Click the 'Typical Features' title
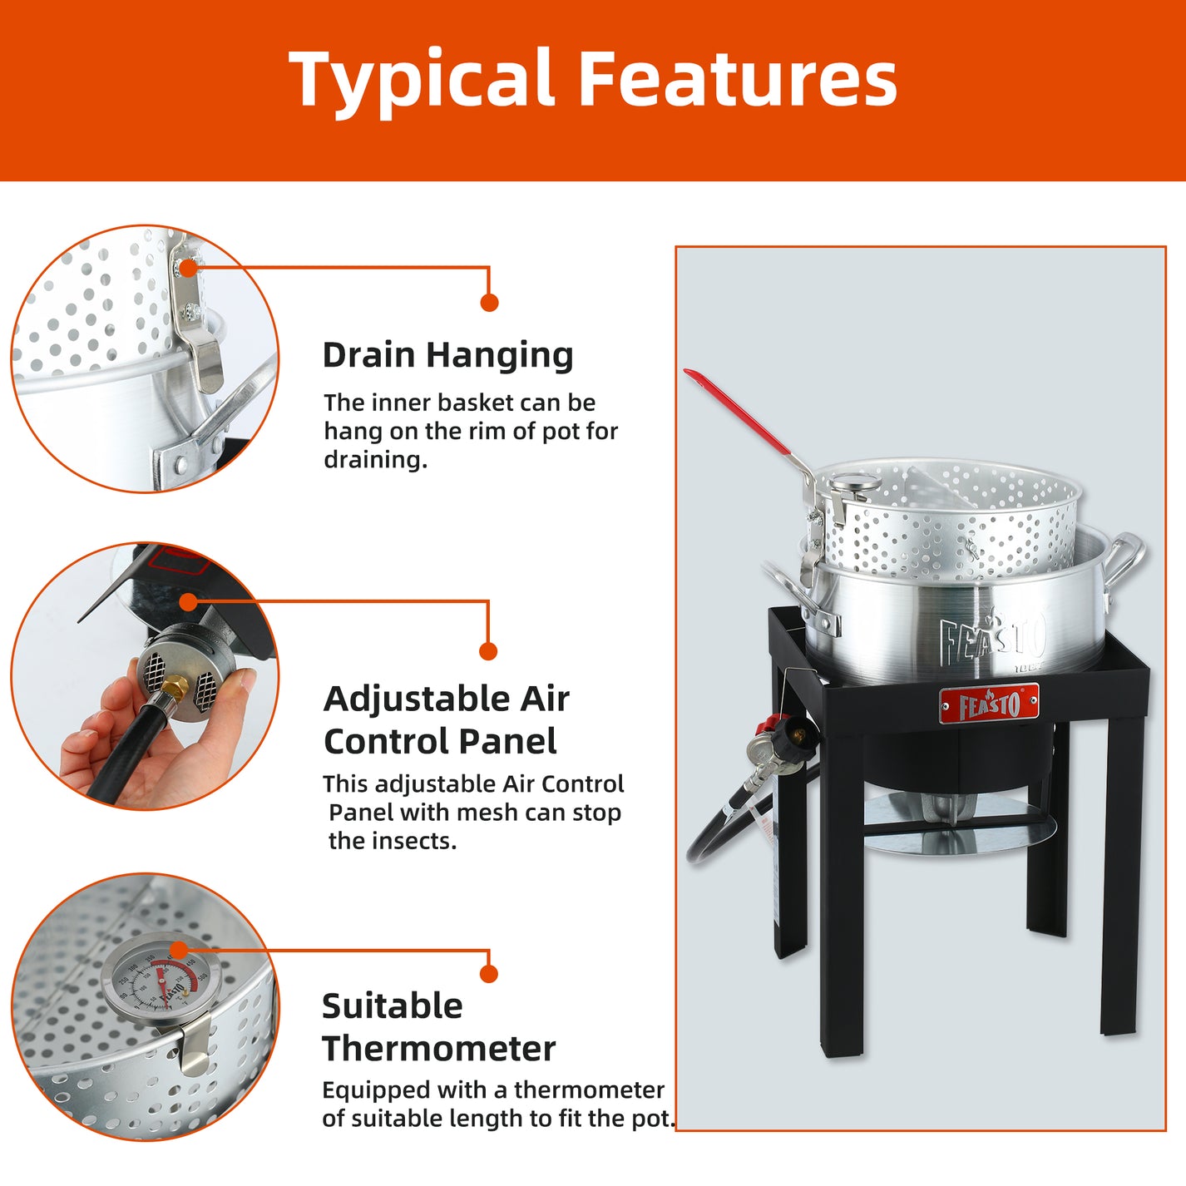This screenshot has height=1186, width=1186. (592, 80)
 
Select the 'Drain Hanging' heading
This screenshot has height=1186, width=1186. (447, 355)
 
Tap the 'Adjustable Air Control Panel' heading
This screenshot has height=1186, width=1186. (446, 719)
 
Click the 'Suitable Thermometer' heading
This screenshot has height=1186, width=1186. (438, 1027)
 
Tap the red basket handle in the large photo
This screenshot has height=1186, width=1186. (735, 413)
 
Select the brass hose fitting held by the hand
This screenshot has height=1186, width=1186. (175, 687)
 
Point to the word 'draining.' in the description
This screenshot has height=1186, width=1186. (375, 460)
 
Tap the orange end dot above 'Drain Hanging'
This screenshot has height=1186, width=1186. (489, 303)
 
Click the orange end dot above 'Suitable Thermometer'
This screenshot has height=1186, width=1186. (489, 974)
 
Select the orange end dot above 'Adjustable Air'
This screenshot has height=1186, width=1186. (488, 651)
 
